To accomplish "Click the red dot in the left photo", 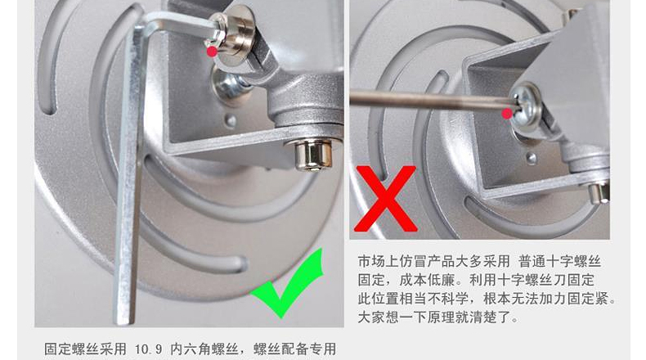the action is (212, 52).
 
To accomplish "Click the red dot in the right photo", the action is (508, 114).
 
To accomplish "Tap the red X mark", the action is (386, 198).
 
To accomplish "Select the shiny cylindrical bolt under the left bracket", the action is (314, 154).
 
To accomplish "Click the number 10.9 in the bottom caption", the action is (148, 349).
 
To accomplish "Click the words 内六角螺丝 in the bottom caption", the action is (204, 349).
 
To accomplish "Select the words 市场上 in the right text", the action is (379, 262).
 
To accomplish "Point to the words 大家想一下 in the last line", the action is (393, 317).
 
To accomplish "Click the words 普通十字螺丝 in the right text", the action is (559, 262).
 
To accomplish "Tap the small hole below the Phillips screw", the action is (532, 158).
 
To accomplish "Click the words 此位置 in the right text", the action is (379, 299).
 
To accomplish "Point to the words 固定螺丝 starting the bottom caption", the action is (71, 349).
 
